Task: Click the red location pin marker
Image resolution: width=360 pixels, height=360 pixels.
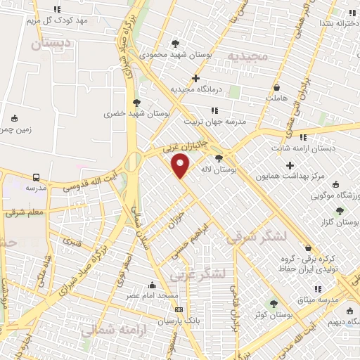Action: pos(181,166)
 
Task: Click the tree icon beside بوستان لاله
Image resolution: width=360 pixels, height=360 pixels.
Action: pos(219,158)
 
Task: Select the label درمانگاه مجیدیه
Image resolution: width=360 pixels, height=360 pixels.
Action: pos(195,89)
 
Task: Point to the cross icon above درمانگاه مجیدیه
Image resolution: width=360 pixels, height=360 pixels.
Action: pos(195,78)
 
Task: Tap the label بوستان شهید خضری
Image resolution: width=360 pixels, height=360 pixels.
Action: pos(124,113)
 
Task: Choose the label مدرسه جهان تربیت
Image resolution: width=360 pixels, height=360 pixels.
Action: pos(214,122)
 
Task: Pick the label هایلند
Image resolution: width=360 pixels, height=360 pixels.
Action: pos(278,98)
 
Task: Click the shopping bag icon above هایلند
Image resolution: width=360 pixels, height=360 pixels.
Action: pos(279,87)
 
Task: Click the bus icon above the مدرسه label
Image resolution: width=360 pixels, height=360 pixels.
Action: pos(36,177)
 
